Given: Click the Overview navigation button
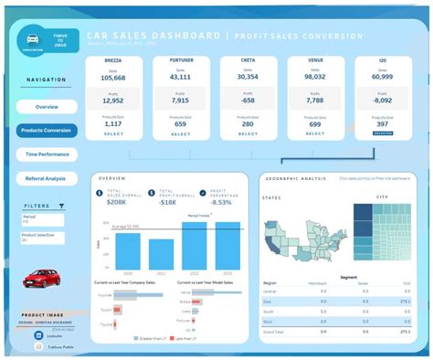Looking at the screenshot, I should [x=46, y=106].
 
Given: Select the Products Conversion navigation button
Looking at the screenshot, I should [x=46, y=130].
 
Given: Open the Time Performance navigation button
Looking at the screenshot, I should [x=46, y=154].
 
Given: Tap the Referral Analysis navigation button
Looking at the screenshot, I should [x=46, y=179].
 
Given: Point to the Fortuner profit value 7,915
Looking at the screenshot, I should [x=180, y=101].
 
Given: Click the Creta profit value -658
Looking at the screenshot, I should [x=247, y=101].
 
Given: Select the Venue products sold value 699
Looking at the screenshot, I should [x=314, y=123].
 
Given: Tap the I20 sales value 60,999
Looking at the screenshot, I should [x=382, y=79].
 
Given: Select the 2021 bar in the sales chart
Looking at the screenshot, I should [x=161, y=253].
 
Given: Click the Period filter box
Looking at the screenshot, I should [x=42, y=220].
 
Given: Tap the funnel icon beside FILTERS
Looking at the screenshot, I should [x=61, y=206].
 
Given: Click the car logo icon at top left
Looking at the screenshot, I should [x=33, y=40].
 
